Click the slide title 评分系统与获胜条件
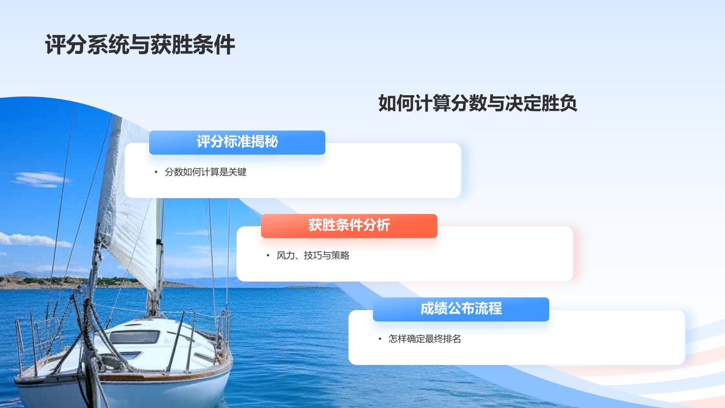[x=140, y=45]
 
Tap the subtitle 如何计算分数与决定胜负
[x=477, y=103]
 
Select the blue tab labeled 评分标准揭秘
[x=237, y=142]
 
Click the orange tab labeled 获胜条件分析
[x=349, y=226]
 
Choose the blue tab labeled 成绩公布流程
[x=461, y=309]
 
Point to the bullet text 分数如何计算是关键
[x=205, y=172]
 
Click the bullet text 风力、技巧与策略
[x=313, y=256]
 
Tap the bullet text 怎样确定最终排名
[x=425, y=339]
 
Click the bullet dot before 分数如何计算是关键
[x=156, y=172]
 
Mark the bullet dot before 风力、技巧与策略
[x=268, y=256]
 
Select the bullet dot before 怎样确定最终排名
[x=380, y=339]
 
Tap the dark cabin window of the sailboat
[x=135, y=337]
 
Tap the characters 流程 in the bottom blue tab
[x=488, y=309]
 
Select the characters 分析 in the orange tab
[x=376, y=226]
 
